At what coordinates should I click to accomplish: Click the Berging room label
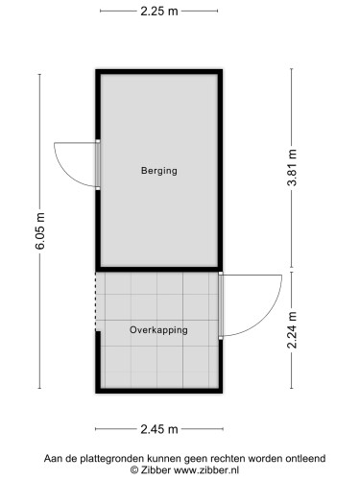(158, 171)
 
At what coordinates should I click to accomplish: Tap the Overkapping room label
(158, 329)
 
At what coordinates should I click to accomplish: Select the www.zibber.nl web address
(211, 469)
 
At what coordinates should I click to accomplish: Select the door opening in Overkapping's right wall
(221, 304)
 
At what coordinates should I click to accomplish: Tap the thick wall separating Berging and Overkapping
(158, 269)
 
